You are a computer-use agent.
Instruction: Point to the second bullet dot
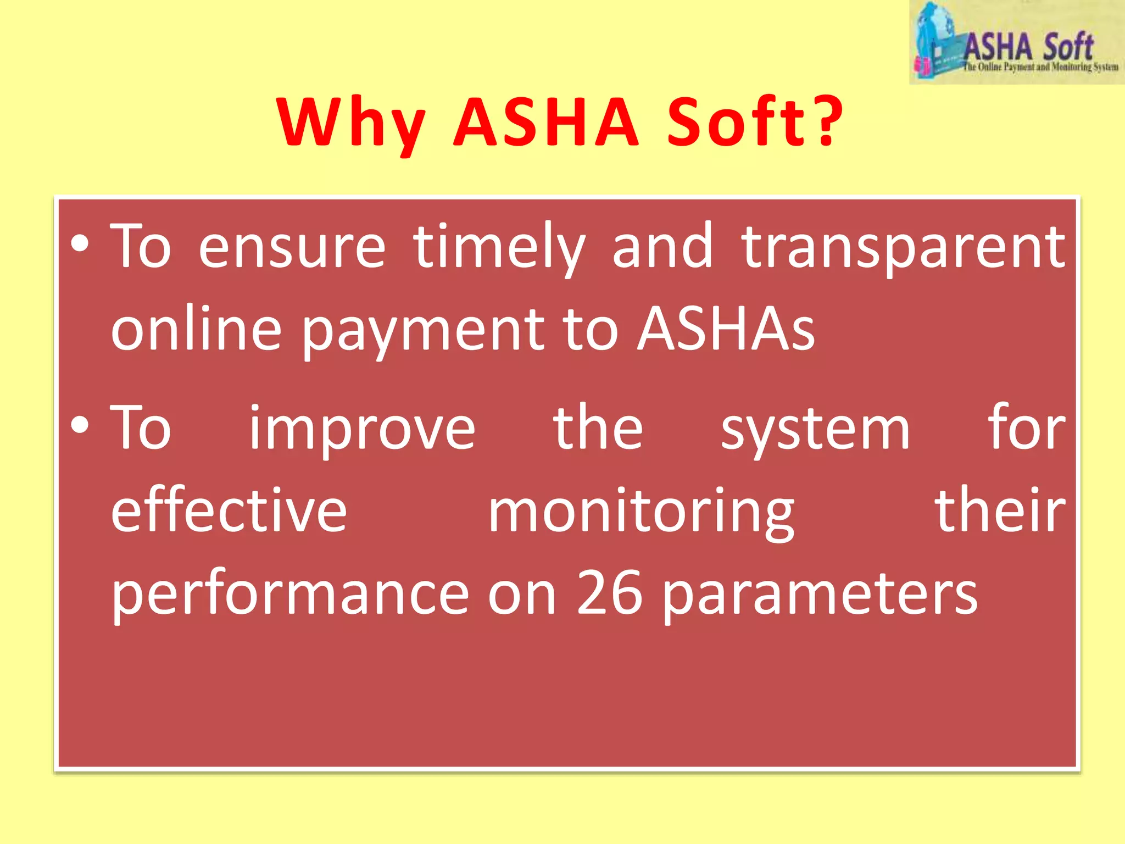pos(80,426)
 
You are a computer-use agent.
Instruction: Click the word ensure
pos(292,247)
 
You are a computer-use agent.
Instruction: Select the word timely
pos(499,247)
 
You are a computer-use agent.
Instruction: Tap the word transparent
pos(903,247)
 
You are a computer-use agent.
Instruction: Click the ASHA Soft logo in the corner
pos(1016,43)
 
